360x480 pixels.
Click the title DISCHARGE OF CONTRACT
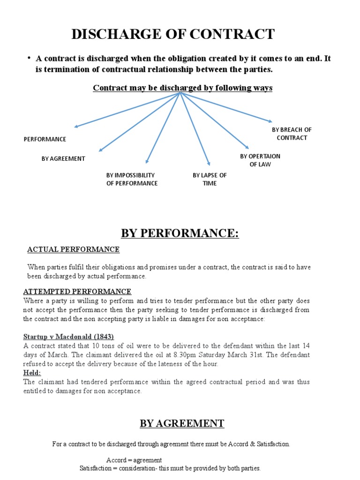coord(172,34)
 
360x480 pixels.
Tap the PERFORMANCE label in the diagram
coord(45,139)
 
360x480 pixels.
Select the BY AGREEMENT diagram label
coord(63,159)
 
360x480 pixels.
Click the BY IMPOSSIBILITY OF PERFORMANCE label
coord(132,179)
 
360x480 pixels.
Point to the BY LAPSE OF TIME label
coord(210,179)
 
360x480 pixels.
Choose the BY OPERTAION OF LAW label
coord(260,160)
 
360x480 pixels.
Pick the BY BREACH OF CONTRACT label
coord(292,134)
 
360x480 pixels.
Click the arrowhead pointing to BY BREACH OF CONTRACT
coord(270,122)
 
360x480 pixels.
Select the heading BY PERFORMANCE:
coord(180,233)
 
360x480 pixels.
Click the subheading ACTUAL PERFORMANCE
coord(74,249)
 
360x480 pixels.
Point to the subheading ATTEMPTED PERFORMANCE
coord(77,292)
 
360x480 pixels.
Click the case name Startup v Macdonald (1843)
coord(68,337)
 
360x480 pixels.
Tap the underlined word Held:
coord(32,373)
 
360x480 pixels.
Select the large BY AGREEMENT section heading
coord(182,424)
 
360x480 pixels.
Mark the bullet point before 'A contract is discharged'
coord(29,58)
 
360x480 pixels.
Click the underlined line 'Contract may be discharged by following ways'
coord(182,88)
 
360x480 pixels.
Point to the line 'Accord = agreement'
coord(134,460)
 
